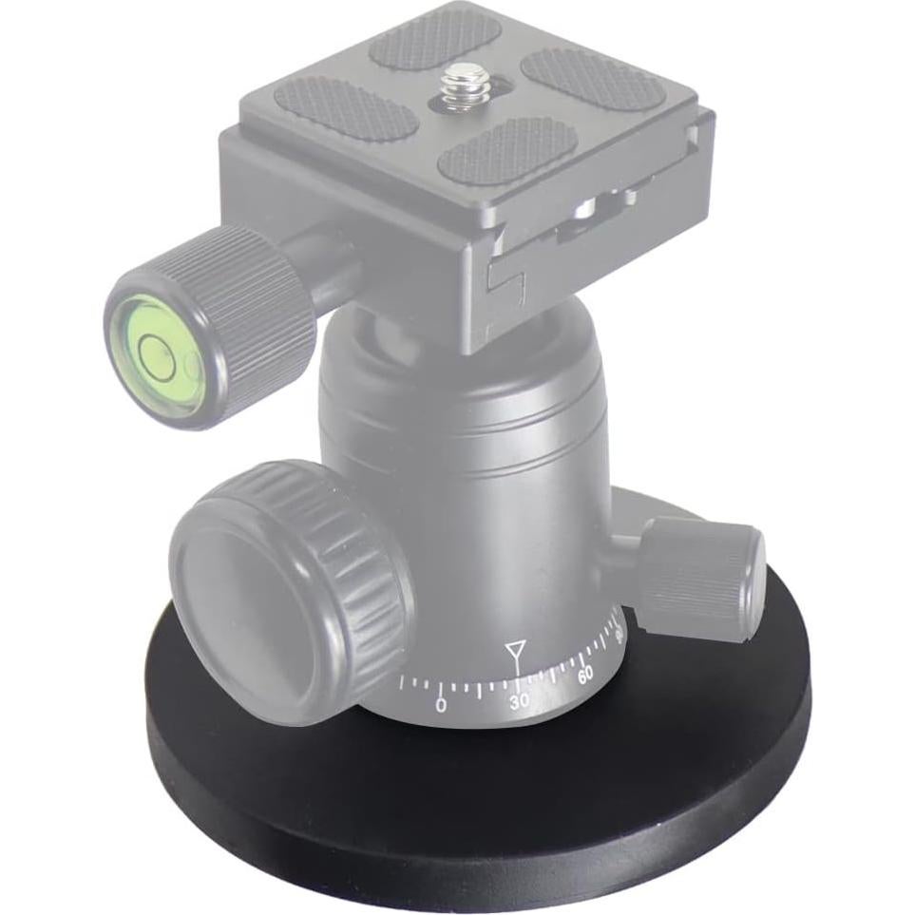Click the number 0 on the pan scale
pos(440,706)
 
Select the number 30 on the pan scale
pos(520,701)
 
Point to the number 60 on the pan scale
pos(585,676)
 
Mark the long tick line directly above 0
pos(438,685)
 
